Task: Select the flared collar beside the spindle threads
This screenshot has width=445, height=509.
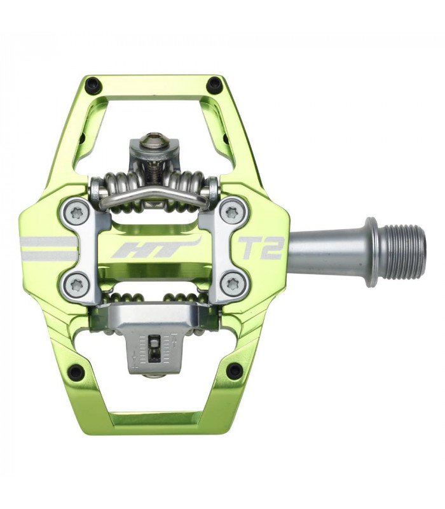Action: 371,248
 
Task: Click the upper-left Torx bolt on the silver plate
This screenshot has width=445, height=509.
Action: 77,214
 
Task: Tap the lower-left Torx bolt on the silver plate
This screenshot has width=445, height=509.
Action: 77,284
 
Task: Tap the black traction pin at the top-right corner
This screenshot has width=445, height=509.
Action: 215,83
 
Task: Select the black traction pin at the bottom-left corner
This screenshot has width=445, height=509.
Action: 76,371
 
